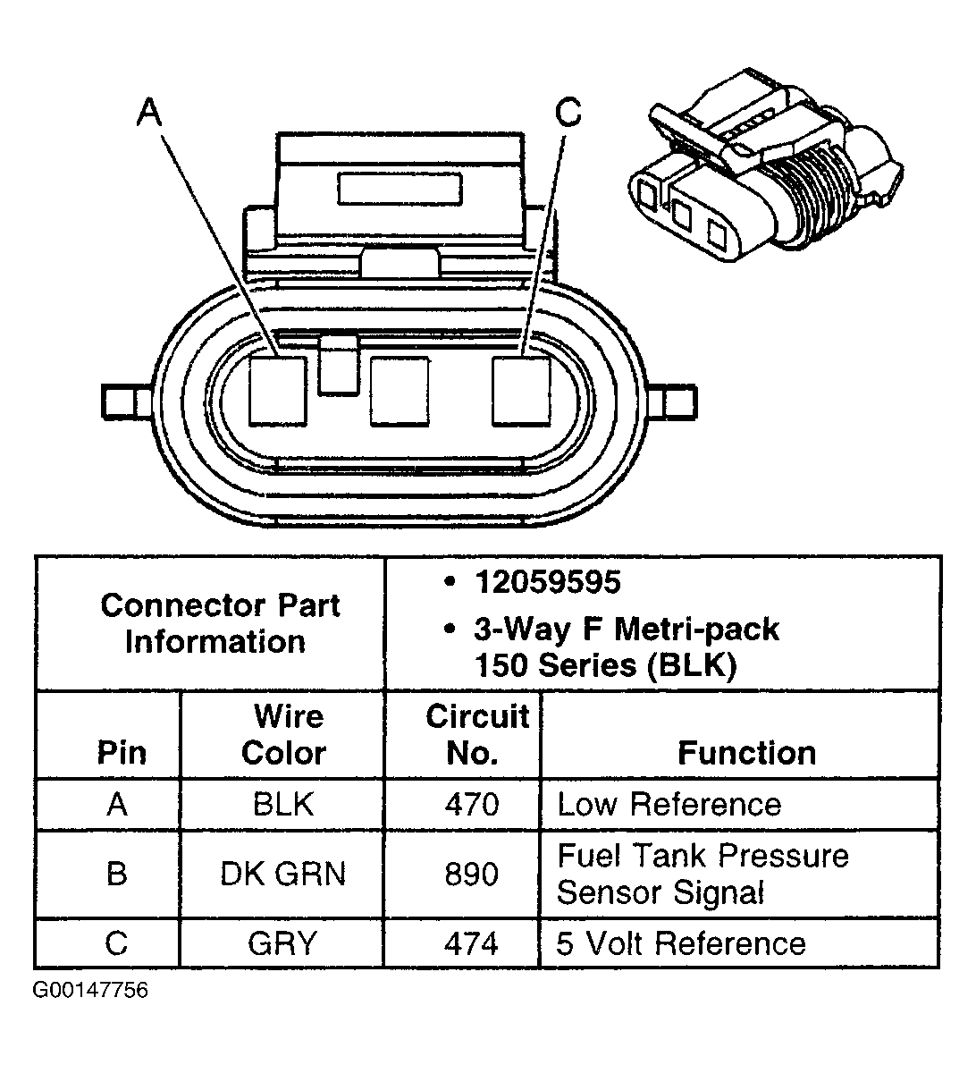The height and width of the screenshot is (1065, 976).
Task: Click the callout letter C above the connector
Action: pyautogui.click(x=568, y=113)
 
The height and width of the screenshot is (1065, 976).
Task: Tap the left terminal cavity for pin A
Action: pyautogui.click(x=278, y=390)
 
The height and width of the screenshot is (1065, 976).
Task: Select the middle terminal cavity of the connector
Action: pyautogui.click(x=399, y=390)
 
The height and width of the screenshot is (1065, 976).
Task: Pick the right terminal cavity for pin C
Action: pyautogui.click(x=521, y=390)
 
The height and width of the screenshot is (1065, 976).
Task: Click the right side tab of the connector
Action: pyautogui.click(x=681, y=401)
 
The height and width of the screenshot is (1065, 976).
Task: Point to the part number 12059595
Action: pyautogui.click(x=547, y=583)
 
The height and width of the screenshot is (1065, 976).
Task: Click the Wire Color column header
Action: pyautogui.click(x=284, y=734)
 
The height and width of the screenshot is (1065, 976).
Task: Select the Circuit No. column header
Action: pyautogui.click(x=476, y=734)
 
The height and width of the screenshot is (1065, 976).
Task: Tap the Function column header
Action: pyautogui.click(x=746, y=753)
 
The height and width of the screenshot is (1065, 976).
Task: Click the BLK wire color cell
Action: pyautogui.click(x=283, y=804)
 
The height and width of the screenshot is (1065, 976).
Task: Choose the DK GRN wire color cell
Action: pyautogui.click(x=283, y=873)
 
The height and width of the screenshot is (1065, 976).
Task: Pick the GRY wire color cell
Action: pyautogui.click(x=283, y=943)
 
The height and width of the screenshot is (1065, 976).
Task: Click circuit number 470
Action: pyautogui.click(x=471, y=804)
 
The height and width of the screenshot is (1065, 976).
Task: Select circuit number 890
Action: pyautogui.click(x=471, y=873)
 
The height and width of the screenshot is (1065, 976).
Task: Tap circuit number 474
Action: pyautogui.click(x=471, y=943)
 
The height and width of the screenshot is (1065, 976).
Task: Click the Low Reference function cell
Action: pyautogui.click(x=669, y=804)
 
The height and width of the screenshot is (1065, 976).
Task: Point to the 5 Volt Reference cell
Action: pyautogui.click(x=681, y=943)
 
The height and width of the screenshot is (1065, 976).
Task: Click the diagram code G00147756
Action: pyautogui.click(x=90, y=991)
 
